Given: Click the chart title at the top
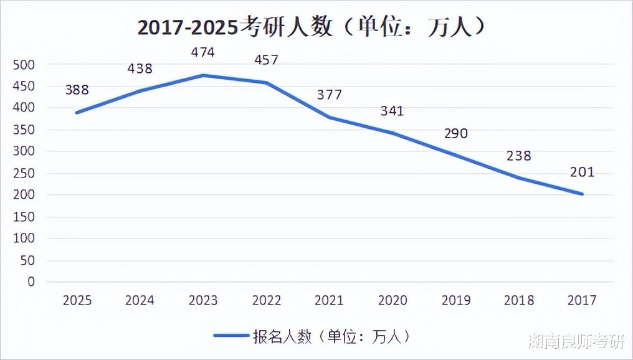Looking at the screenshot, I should tap(311, 27).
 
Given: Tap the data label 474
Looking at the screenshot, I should tap(202, 53).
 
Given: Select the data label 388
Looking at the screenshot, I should tap(77, 90).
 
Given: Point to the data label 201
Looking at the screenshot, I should tap(582, 173).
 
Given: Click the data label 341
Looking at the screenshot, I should tap(392, 111).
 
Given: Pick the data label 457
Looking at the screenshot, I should tap(266, 60).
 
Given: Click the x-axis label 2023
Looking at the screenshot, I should tap(202, 301).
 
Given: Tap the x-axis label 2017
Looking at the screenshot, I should tap(582, 301).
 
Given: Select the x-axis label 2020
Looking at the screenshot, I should tap(392, 301).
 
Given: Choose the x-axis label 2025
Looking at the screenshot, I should tap(77, 301).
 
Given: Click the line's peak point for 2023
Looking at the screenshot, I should tap(202, 75).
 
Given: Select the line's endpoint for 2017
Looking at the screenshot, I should tap(582, 194).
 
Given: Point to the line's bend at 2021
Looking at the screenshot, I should tap(329, 118).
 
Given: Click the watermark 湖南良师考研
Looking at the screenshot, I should tap(576, 343).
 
